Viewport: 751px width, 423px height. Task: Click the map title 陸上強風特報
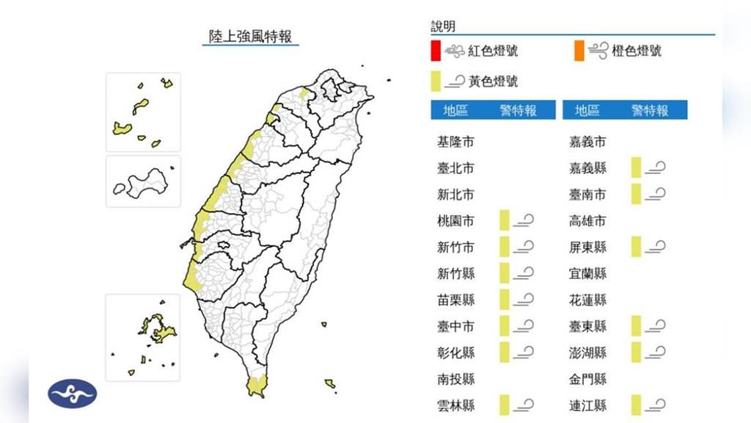point(251,36)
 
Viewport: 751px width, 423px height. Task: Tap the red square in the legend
point(436,51)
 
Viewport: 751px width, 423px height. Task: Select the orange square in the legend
point(579,51)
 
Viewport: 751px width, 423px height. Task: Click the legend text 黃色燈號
point(493,81)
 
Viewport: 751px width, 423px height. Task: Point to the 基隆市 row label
point(455,142)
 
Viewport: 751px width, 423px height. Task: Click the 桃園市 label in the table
point(455,221)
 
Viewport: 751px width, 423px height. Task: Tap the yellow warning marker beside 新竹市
point(504,247)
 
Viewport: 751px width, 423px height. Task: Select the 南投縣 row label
point(455,379)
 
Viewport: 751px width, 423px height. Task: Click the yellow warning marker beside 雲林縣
point(504,405)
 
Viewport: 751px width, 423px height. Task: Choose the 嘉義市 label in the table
point(588,142)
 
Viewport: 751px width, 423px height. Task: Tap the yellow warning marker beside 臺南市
point(636,194)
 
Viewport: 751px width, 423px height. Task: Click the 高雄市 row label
point(588,221)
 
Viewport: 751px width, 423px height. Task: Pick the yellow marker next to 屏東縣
point(636,247)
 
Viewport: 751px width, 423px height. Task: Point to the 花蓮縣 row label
point(588,300)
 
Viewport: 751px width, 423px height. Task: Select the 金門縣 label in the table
point(588,379)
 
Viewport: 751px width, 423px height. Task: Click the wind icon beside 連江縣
point(656,405)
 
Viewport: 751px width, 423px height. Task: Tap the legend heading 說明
point(443,26)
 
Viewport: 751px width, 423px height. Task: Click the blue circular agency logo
point(72,394)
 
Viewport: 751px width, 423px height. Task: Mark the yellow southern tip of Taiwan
point(257,386)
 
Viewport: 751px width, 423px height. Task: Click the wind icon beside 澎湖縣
point(656,352)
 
